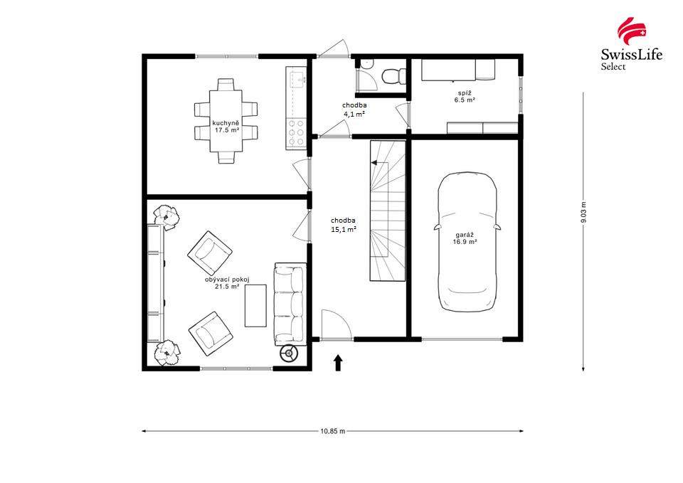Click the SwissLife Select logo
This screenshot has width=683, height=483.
click(x=631, y=44)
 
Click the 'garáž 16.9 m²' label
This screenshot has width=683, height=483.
click(x=465, y=238)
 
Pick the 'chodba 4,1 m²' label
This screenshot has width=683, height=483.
click(x=354, y=109)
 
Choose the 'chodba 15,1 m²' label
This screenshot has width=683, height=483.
click(x=343, y=225)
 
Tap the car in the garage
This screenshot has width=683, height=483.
click(x=467, y=242)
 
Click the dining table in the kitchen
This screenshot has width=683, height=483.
click(x=226, y=121)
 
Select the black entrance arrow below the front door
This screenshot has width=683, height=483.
click(x=338, y=363)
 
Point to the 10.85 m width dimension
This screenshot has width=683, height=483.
click(x=333, y=431)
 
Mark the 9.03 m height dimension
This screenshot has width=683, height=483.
click(x=583, y=213)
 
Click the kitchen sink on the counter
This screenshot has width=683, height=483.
click(x=295, y=75)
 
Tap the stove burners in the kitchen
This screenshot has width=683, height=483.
click(x=295, y=133)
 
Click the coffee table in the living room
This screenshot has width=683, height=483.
click(x=255, y=305)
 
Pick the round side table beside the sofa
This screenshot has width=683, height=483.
click(x=289, y=354)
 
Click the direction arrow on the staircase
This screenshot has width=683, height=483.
click(x=374, y=163)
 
